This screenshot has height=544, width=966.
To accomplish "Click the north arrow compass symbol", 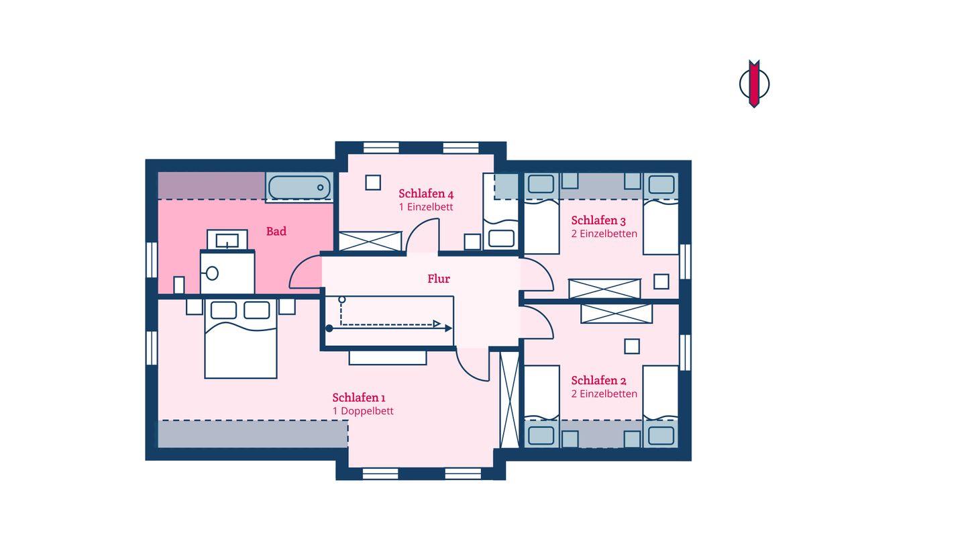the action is click(754, 83).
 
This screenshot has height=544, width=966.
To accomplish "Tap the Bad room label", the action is click(276, 232).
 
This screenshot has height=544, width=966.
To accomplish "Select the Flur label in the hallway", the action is click(439, 279).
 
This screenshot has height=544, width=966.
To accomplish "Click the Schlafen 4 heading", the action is click(425, 193).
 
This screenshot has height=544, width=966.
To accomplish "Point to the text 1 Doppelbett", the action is click(363, 411).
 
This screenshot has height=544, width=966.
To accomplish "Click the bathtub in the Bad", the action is click(299, 187).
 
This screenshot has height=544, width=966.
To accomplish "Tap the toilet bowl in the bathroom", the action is click(212, 273).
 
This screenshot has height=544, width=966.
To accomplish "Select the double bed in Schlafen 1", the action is click(241, 339).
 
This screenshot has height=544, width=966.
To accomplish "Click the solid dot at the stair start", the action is click(329, 328).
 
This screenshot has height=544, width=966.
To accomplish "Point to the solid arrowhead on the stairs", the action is click(449, 328).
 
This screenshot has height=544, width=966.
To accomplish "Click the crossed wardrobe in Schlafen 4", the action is click(370, 241).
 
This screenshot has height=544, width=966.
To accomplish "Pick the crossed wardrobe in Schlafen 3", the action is click(604, 289).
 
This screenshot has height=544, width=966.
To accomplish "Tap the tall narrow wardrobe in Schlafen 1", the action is click(509, 400).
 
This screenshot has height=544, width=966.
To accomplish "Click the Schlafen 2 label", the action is click(598, 380).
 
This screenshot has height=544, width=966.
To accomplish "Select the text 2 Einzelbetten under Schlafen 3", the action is click(604, 234).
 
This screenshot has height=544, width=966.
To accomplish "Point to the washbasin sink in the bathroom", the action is click(227, 240).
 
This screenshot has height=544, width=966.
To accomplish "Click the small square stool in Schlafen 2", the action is click(632, 347).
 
